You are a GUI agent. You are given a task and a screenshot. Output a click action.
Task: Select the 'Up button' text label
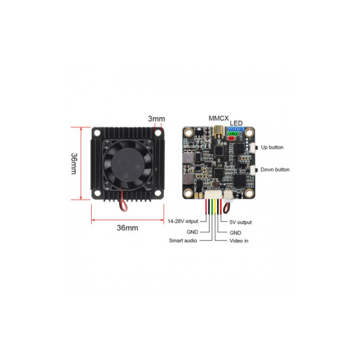point(272,147)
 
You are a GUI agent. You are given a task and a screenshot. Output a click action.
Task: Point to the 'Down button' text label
point(275,170)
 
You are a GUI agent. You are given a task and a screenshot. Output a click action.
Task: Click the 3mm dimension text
point(157,119)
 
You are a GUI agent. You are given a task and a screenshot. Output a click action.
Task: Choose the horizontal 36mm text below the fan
point(127,228)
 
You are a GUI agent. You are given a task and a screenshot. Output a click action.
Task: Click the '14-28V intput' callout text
point(183,221)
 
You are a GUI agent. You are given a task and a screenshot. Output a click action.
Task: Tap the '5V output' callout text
point(241,222)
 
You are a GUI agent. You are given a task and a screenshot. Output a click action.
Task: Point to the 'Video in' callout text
point(239,241)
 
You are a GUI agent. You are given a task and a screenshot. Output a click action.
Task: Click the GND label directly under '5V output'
point(235,232)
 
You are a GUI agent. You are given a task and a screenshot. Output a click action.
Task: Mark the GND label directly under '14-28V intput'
point(191,232)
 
